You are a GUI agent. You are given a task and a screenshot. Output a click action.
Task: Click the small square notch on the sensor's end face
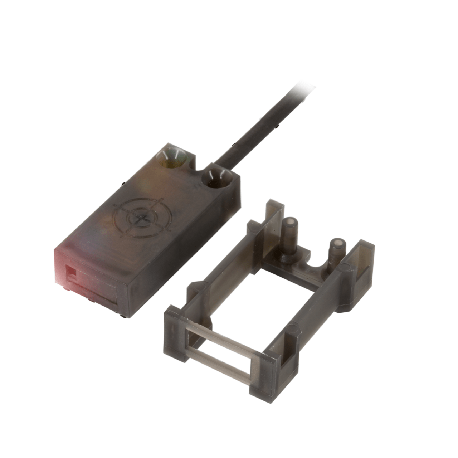71,272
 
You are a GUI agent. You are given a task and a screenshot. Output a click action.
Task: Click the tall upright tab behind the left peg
274,218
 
